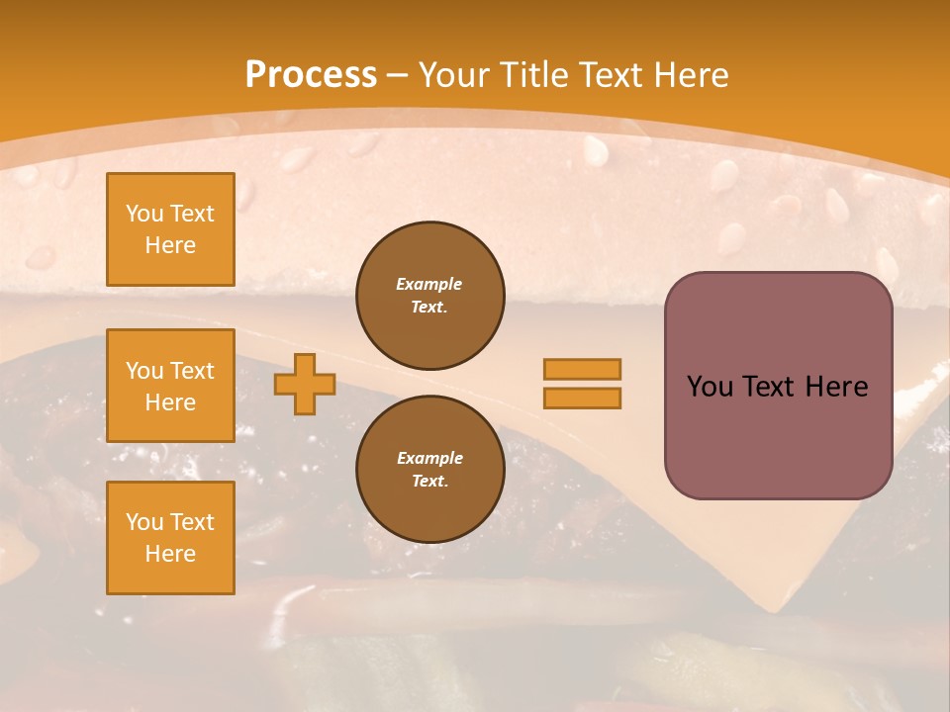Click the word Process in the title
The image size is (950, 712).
[x=311, y=75]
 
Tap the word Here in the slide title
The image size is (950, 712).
[x=692, y=75]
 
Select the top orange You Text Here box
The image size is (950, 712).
[x=170, y=229]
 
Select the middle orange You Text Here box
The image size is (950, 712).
[x=170, y=386]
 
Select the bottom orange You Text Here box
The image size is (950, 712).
[x=170, y=538]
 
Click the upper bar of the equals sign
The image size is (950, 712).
[x=582, y=369]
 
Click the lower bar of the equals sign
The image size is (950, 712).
[x=582, y=398]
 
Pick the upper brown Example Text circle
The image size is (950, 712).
[x=429, y=295]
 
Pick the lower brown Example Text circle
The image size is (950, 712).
[x=429, y=469]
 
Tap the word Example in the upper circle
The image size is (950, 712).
[x=429, y=284]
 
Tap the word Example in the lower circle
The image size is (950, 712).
[x=429, y=458]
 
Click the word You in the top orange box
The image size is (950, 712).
[x=144, y=214]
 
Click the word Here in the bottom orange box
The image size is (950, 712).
[x=170, y=554]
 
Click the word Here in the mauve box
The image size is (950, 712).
[x=836, y=387]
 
